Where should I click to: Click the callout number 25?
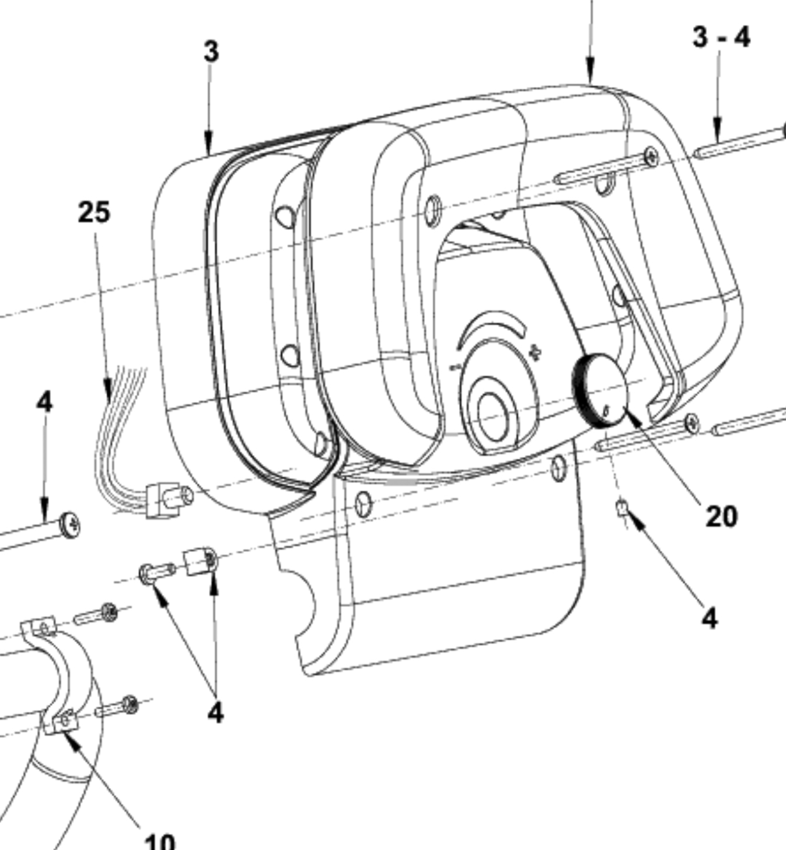[94, 212]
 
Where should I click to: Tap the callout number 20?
[721, 516]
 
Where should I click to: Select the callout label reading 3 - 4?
[721, 37]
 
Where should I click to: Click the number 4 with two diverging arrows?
[215, 713]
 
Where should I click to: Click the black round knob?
[600, 391]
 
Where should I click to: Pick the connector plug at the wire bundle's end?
[169, 499]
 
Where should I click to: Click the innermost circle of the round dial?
[492, 415]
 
